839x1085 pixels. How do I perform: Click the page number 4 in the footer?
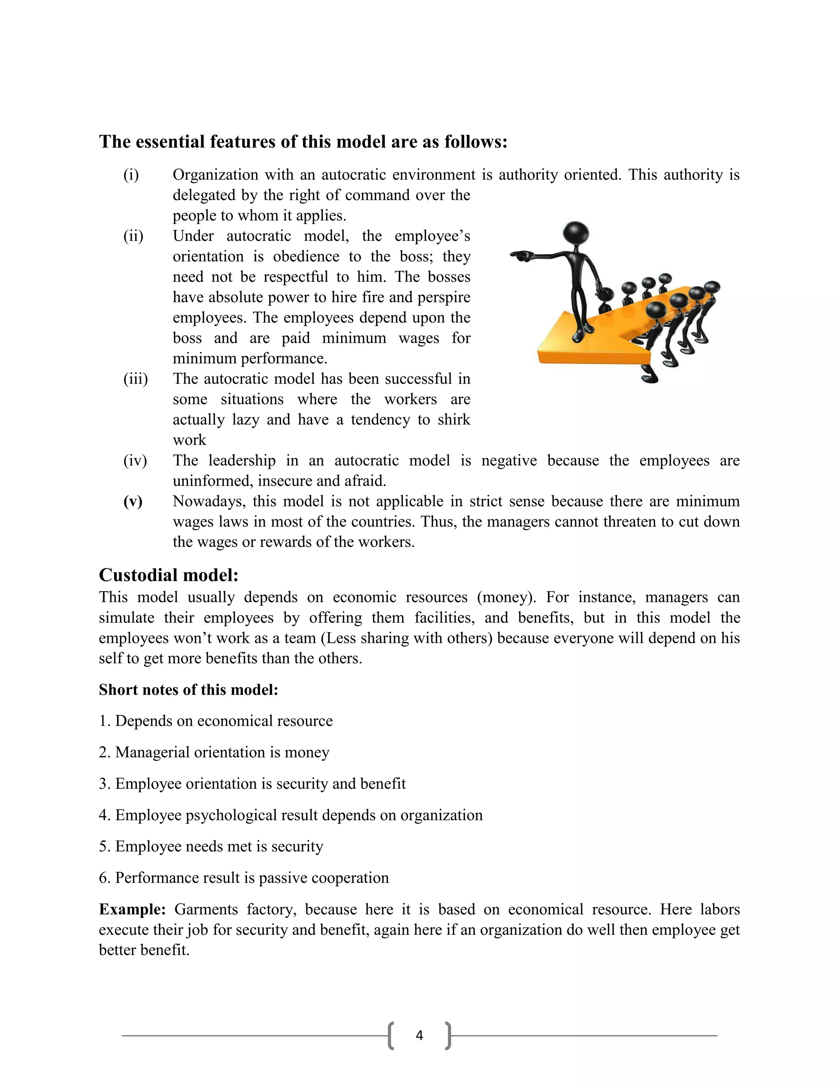pyautogui.click(x=419, y=1035)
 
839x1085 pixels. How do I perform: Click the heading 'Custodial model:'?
pyautogui.click(x=168, y=575)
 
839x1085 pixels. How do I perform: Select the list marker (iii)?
pyautogui.click(x=135, y=379)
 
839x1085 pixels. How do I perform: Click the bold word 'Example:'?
pyautogui.click(x=132, y=909)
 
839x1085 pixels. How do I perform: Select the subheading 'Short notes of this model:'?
pyautogui.click(x=188, y=689)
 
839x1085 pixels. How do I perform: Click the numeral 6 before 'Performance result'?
pyautogui.click(x=103, y=878)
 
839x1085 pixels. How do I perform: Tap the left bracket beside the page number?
pyautogui.click(x=391, y=1035)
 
